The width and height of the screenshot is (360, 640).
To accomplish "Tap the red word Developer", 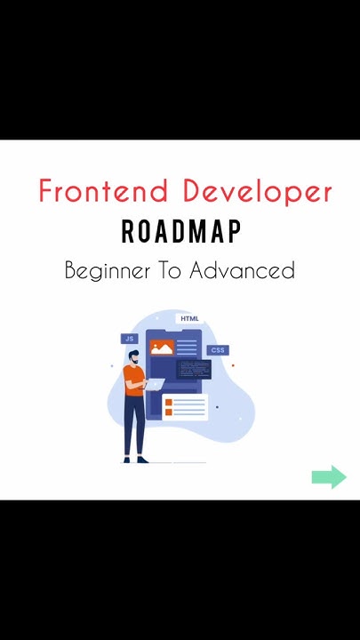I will (258, 192).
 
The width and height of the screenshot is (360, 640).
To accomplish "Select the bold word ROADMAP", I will (180, 232).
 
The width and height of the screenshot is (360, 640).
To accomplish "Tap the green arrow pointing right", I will (329, 477).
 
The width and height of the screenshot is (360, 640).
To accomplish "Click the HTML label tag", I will (189, 319).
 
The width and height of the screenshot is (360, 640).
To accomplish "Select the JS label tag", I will (129, 339).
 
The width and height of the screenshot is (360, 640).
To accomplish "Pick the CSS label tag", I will (218, 350).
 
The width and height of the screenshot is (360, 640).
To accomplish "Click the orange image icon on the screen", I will (161, 348).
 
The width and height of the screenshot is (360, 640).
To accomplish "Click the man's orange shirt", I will (132, 380).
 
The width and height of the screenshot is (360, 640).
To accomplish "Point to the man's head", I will (132, 356).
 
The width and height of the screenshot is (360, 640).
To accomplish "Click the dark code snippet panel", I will (193, 369).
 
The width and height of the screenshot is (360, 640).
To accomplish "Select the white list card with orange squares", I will (185, 408).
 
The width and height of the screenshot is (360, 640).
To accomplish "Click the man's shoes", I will (135, 459).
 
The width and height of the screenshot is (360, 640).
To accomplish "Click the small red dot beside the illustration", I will (233, 365).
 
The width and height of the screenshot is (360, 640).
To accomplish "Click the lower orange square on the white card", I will (169, 412).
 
